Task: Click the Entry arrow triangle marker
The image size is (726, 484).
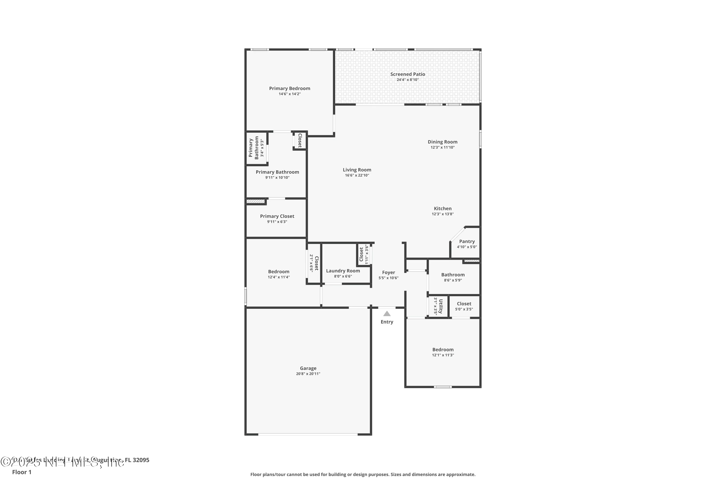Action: [387, 314]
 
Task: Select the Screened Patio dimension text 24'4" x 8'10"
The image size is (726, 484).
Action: [408, 80]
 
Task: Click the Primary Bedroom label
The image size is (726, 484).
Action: [289, 88]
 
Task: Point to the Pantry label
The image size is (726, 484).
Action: [467, 241]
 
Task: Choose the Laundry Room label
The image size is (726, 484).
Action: [343, 271]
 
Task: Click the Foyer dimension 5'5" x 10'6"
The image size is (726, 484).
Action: [388, 278]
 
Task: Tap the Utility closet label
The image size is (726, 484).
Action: [440, 306]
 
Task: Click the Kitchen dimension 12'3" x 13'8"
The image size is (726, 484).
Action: [442, 214]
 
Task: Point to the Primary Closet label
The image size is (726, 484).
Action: [277, 216]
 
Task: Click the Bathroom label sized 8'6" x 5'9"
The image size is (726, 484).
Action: [453, 274]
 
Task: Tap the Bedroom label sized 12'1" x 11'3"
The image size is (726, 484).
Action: [443, 349]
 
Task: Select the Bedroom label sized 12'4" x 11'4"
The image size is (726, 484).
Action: [279, 272]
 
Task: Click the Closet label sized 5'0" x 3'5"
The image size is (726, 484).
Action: [464, 303]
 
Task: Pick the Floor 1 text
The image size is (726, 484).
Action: [22, 472]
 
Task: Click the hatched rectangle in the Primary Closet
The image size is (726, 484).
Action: [256, 202]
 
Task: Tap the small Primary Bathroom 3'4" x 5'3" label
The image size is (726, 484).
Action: [254, 148]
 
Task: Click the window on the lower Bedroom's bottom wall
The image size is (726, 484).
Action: [443, 387]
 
